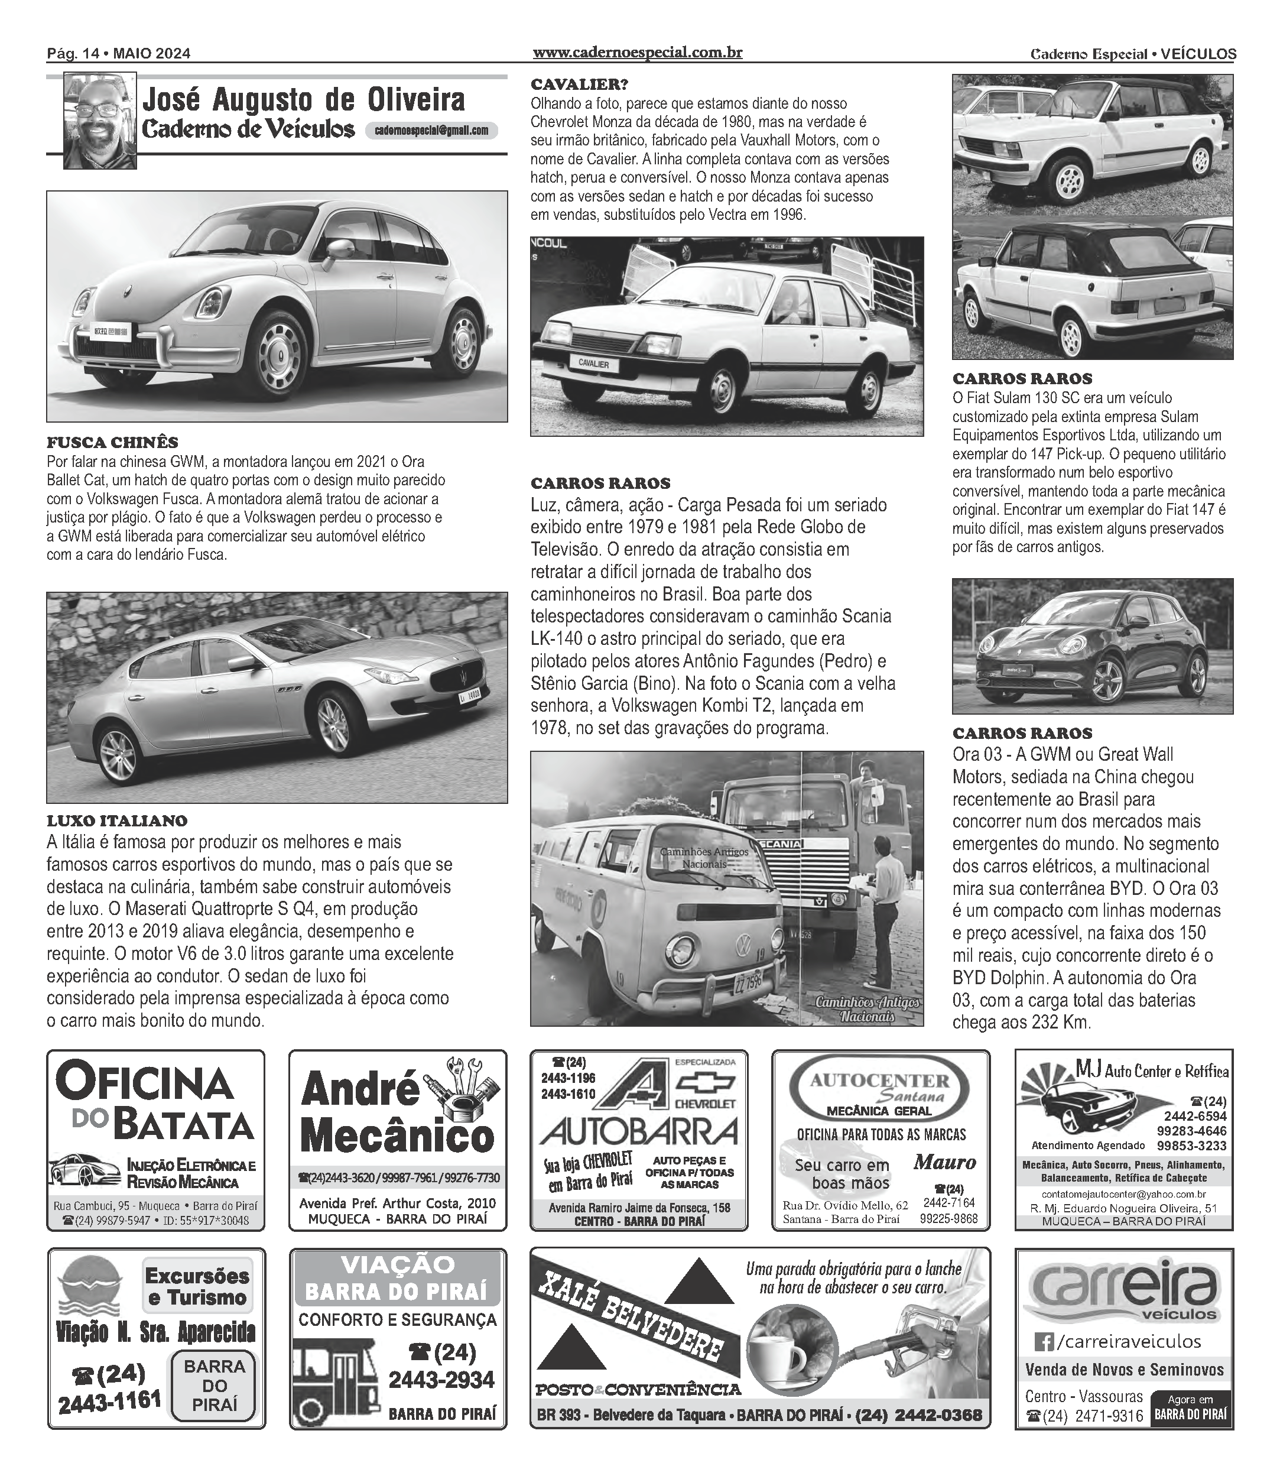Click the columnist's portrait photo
(x=99, y=121)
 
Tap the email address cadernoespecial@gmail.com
(x=431, y=130)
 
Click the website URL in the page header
(x=637, y=53)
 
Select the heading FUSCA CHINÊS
(x=112, y=442)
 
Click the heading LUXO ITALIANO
(x=117, y=821)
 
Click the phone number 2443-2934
(x=441, y=1379)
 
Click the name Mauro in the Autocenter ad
(x=944, y=1162)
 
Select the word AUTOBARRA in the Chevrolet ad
(x=638, y=1131)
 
